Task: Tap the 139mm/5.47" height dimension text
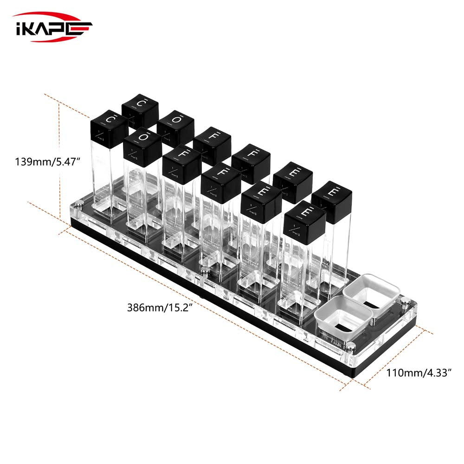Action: (x=48, y=162)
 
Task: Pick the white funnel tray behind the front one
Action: (x=372, y=292)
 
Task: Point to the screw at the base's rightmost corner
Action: (x=404, y=301)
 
